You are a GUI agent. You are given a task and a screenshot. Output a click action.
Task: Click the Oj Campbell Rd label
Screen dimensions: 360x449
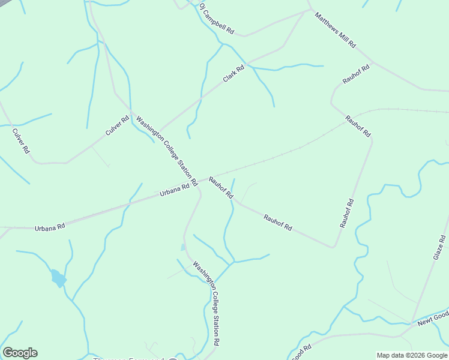216,19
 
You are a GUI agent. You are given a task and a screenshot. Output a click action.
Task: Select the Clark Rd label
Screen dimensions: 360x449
234,74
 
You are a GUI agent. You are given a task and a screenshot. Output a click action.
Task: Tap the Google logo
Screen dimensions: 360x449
20,353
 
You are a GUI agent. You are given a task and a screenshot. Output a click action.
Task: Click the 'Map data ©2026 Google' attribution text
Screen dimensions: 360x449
412,355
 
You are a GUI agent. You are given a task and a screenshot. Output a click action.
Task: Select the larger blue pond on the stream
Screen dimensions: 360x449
58,278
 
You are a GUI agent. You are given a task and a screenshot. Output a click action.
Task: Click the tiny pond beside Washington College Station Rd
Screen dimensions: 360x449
183,247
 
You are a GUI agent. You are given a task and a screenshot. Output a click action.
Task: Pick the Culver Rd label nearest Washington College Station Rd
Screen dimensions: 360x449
117,125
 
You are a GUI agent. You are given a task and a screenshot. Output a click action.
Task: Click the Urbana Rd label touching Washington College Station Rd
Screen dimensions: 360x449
175,190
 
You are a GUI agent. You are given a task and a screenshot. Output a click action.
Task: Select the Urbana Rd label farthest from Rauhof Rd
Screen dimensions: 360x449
50,228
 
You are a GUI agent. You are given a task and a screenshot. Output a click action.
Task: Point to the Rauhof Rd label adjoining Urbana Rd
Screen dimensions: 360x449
221,187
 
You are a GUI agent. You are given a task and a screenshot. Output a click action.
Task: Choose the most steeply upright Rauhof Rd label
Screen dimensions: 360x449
347,214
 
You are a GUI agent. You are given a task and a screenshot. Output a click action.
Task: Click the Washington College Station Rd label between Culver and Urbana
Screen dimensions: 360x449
166,150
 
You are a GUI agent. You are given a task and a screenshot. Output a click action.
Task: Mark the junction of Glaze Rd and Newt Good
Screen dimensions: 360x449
412,325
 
